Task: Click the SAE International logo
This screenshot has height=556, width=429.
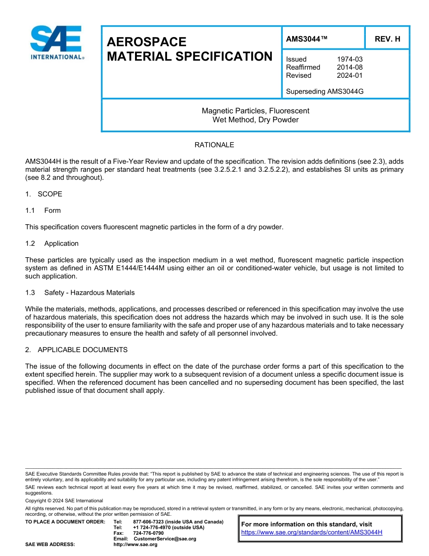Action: click(x=56, y=42)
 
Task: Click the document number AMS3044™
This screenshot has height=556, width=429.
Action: click(x=307, y=39)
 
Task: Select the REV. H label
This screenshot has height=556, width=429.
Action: click(x=387, y=39)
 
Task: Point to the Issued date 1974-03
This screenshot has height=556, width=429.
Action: click(x=350, y=59)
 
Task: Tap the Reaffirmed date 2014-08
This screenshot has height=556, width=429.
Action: click(x=350, y=67)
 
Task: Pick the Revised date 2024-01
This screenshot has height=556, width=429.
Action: click(x=350, y=75)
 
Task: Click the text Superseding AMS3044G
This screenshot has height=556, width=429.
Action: click(x=325, y=91)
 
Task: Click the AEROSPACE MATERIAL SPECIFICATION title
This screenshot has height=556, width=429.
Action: click(x=189, y=49)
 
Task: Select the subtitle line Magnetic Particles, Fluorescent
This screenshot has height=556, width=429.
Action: click(x=255, y=111)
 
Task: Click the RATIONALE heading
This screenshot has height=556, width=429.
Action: click(x=214, y=145)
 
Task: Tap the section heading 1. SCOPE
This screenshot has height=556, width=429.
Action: click(x=44, y=194)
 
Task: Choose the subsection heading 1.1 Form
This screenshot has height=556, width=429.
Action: click(x=43, y=210)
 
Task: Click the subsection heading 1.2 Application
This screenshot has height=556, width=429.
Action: click(x=52, y=243)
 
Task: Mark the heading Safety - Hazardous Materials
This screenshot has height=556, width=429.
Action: click(x=89, y=292)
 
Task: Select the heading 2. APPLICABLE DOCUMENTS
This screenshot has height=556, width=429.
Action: click(x=76, y=350)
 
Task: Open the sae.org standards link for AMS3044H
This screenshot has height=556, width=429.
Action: click(x=312, y=532)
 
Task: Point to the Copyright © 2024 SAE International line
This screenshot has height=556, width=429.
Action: click(x=64, y=500)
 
